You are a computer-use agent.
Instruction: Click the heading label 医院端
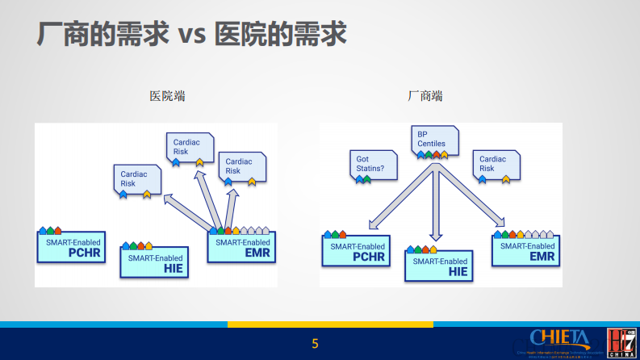click(x=168, y=96)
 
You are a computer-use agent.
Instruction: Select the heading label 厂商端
click(x=425, y=96)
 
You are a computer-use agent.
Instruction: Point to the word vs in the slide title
click(x=191, y=34)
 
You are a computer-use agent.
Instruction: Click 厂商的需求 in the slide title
click(x=103, y=34)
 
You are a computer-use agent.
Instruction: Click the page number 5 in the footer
click(x=316, y=344)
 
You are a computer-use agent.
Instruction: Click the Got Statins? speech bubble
click(x=372, y=165)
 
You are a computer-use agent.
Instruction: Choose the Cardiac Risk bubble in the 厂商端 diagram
click(x=496, y=164)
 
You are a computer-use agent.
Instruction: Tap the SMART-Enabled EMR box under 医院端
click(x=242, y=248)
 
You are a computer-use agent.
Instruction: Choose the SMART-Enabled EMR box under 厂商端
click(x=525, y=251)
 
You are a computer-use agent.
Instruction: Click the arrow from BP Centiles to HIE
click(x=436, y=202)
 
